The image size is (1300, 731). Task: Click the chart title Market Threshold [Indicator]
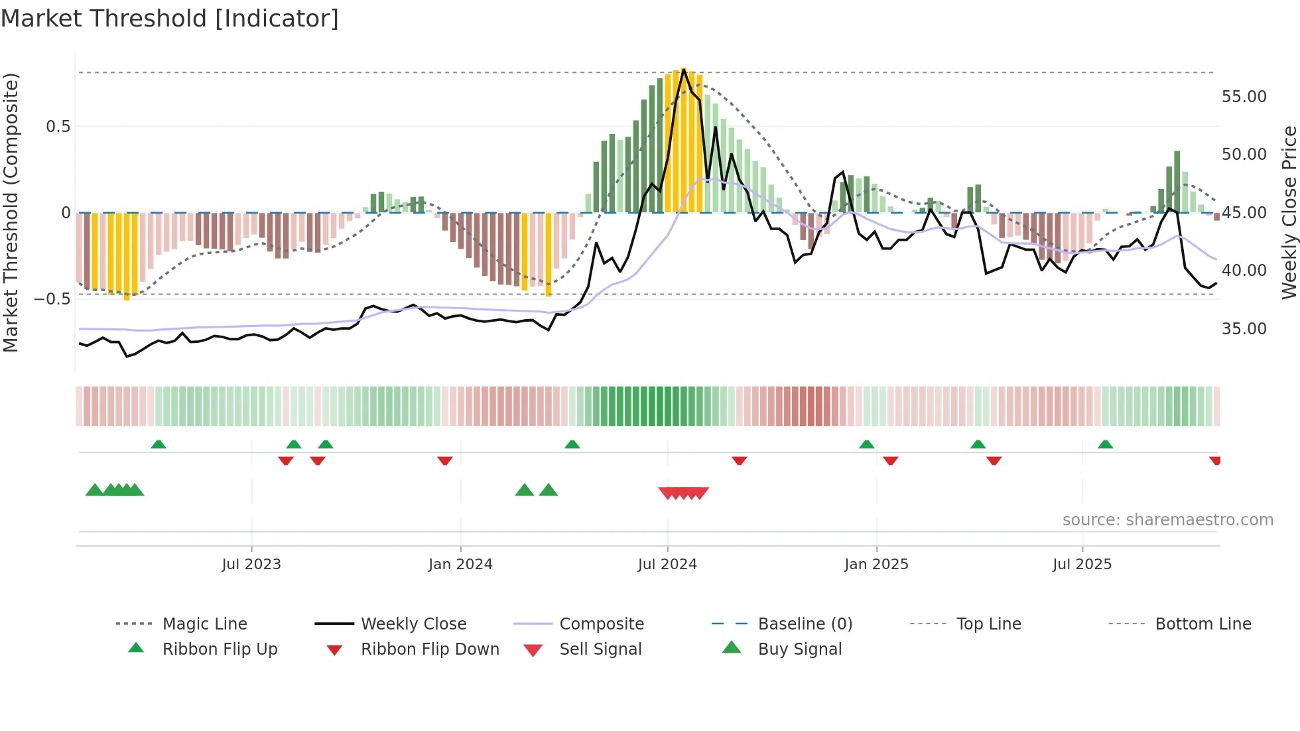[170, 19]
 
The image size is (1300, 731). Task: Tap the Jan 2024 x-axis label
[460, 564]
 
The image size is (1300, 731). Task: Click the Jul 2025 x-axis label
[1082, 564]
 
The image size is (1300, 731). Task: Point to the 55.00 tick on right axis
[1244, 97]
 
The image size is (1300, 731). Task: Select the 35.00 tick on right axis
[1244, 329]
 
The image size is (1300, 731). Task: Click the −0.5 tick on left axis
[52, 299]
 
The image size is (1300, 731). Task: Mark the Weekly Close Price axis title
[1289, 212]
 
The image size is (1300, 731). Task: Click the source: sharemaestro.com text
[1167, 519]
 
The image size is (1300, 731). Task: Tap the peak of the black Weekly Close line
[684, 69]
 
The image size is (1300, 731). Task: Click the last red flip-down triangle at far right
[1214, 460]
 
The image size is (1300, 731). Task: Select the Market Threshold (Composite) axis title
[11, 212]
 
